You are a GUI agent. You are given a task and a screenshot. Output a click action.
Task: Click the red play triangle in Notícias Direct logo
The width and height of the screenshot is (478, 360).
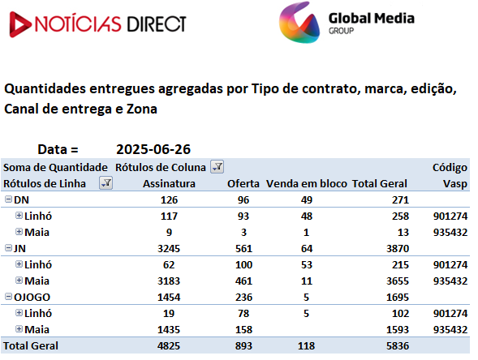pos(19,24)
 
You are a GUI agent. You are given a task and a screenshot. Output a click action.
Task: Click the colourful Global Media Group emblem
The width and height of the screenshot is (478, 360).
pos(299,22)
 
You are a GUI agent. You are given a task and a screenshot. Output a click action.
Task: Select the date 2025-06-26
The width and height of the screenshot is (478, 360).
pos(153,149)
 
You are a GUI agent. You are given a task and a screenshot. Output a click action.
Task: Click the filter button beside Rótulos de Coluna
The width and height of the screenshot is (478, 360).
pos(217,166)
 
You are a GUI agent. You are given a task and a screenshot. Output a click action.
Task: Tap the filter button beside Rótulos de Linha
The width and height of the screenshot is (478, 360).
pos(106,182)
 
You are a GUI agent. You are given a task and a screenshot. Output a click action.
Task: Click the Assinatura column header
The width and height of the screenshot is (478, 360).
pos(169,184)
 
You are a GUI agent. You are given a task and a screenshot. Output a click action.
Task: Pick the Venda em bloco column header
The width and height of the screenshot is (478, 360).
pos(307,184)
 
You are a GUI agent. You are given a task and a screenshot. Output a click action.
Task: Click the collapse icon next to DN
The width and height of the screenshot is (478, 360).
pos(9,199)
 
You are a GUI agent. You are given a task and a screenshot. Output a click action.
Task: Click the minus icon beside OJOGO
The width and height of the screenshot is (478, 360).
pos(9,296)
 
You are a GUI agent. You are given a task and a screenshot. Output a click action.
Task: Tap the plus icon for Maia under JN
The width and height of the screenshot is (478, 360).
pos(19,281)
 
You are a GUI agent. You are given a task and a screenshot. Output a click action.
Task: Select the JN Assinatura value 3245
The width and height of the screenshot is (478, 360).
pos(169,249)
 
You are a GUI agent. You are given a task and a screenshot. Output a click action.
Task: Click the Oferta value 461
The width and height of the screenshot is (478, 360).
pos(243,281)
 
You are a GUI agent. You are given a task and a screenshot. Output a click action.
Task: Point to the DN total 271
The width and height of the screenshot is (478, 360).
pos(400,199)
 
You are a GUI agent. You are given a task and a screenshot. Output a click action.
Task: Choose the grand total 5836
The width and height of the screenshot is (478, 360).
pos(398,345)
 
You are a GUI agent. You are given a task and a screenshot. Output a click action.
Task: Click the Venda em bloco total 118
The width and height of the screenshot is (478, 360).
pos(307,345)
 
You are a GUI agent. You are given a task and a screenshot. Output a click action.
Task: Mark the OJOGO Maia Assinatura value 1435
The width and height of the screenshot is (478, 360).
pos(169,329)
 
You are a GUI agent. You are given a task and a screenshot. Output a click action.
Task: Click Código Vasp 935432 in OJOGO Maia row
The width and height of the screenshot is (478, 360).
pos(450,329)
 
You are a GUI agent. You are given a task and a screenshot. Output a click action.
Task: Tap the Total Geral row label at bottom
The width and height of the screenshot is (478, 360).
pos(31,345)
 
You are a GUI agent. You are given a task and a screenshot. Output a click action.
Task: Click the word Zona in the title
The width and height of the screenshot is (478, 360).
pos(142,109)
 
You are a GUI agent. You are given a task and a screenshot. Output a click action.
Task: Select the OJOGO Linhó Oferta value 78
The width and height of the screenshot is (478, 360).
pos(243,314)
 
